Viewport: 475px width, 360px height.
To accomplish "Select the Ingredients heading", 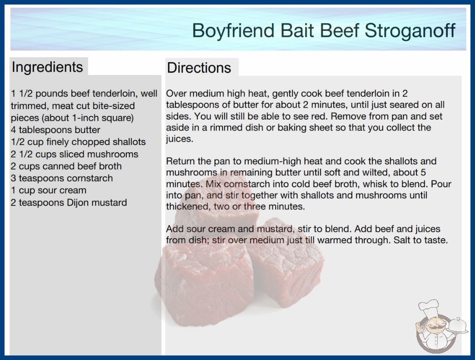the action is (47, 67).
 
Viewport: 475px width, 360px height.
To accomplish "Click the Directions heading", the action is (199, 68).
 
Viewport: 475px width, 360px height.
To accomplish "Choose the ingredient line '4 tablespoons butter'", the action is (55, 130).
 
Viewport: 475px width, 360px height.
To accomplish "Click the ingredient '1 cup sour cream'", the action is (49, 190).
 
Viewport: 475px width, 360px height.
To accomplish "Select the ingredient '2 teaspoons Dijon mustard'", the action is (69, 203).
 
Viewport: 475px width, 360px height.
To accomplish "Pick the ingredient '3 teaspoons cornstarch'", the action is (62, 178).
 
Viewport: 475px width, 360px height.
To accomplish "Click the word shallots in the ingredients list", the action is (129, 142).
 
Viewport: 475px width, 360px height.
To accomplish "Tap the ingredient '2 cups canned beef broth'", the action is (66, 166).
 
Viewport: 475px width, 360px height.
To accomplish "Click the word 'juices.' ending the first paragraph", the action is (180, 139).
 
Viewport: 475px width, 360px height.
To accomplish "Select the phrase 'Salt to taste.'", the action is (421, 240).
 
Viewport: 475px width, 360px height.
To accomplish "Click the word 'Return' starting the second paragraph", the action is (180, 161).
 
